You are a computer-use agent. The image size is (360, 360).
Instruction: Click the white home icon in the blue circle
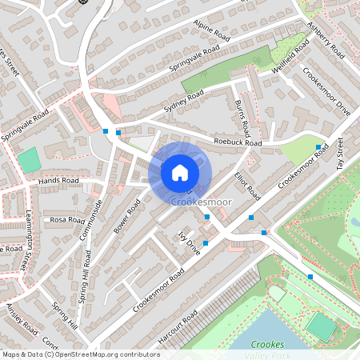(x=180, y=171)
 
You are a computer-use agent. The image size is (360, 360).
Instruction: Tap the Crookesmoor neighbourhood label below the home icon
(x=202, y=202)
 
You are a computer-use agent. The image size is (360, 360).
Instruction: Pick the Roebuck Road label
(x=238, y=142)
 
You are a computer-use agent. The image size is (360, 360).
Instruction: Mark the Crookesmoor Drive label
(x=327, y=90)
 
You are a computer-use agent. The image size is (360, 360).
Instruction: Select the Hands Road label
(x=58, y=182)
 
